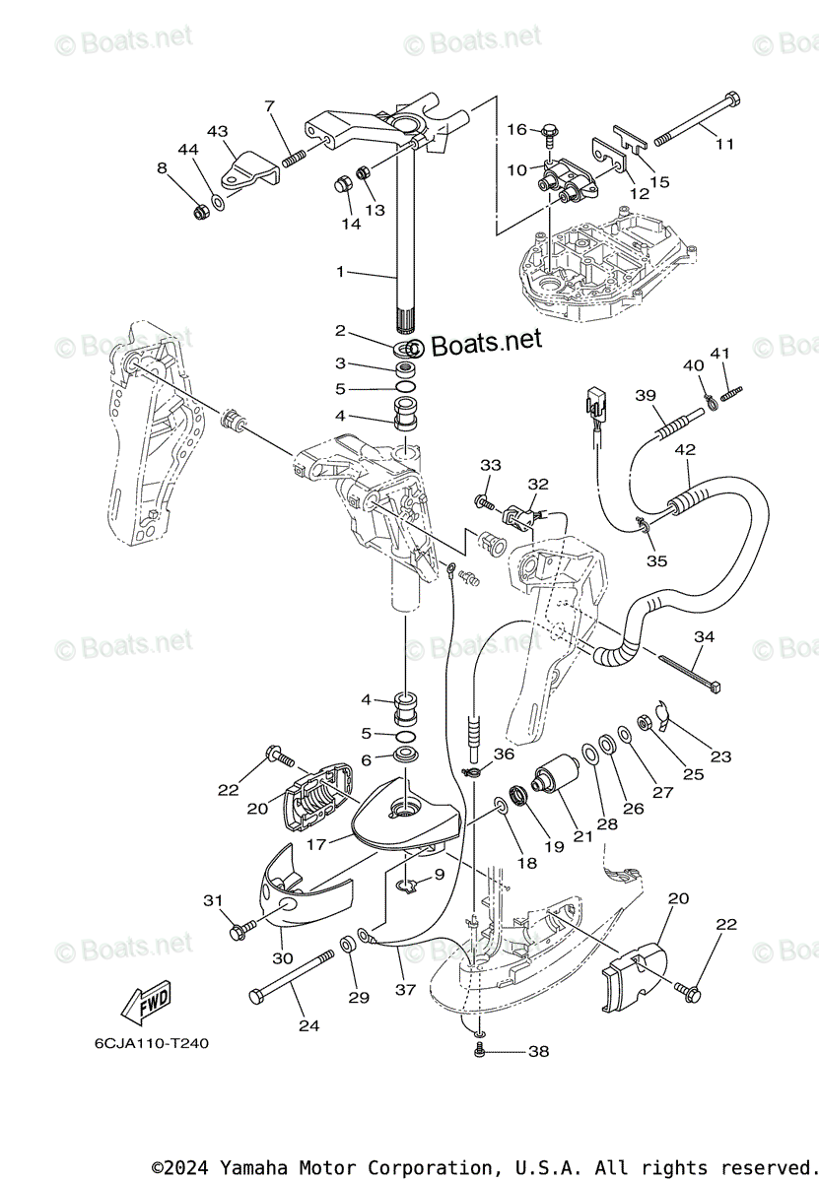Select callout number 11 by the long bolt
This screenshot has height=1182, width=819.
(x=724, y=144)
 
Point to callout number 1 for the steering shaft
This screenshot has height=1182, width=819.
(x=340, y=271)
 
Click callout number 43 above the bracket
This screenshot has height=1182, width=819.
(x=217, y=131)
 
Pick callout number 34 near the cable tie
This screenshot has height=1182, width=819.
(x=703, y=636)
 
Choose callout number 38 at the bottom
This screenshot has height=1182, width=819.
(x=538, y=1052)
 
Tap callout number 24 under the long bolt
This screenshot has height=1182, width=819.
(x=309, y=1025)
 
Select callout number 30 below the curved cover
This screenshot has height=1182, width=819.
(x=283, y=957)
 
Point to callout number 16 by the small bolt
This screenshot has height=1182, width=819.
(x=517, y=129)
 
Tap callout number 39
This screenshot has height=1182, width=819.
(x=646, y=395)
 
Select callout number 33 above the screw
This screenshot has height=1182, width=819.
(x=491, y=465)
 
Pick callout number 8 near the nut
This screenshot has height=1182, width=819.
(x=162, y=167)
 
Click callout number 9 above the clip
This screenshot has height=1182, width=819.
(x=439, y=873)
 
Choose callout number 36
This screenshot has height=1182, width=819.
(x=504, y=754)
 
